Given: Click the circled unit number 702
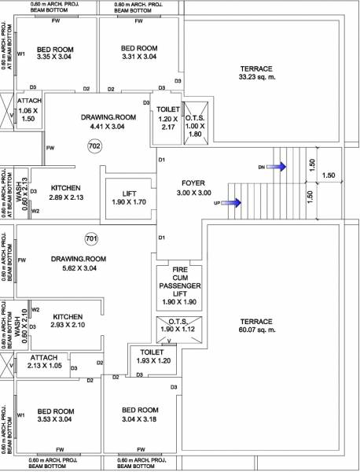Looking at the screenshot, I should [x=94, y=146].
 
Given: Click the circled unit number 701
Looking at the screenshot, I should [x=90, y=238].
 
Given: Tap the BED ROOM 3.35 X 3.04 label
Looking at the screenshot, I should [x=54, y=53].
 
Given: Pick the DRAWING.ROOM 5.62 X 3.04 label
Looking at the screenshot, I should [x=78, y=264].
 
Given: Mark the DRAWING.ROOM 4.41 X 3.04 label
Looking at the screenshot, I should [x=108, y=121].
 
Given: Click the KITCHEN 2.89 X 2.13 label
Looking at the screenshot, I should [x=66, y=194].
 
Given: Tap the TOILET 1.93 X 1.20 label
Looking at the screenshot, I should [x=152, y=356].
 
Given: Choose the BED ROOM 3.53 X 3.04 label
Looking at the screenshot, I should [x=55, y=416].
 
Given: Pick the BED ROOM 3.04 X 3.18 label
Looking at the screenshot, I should [x=141, y=415].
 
